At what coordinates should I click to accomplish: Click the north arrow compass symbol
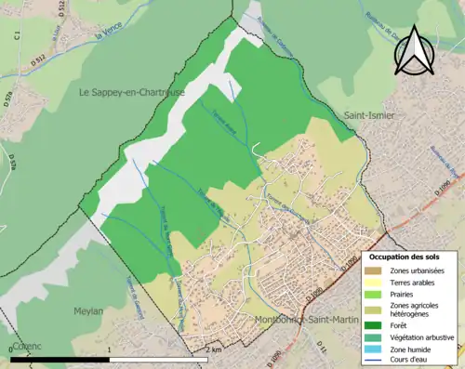(x=417, y=47)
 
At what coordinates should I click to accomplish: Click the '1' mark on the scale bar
(x=110, y=349)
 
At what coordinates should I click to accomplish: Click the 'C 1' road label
(x=18, y=35)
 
